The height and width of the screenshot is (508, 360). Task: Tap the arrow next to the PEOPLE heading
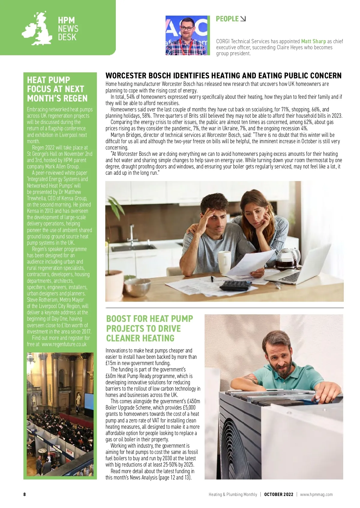pyautogui.click(x=243, y=19)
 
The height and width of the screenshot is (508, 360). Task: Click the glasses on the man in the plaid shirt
pyautogui.click(x=187, y=28)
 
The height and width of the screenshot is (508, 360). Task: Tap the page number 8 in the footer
pyautogui.click(x=25, y=494)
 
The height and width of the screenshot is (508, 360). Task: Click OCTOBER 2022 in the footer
pyautogui.click(x=278, y=494)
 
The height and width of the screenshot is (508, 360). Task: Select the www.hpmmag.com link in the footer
pyautogui.click(x=316, y=494)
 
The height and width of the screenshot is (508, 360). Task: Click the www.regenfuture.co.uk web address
pyautogui.click(x=64, y=344)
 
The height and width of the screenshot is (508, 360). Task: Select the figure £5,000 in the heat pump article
pyautogui.click(x=189, y=408)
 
